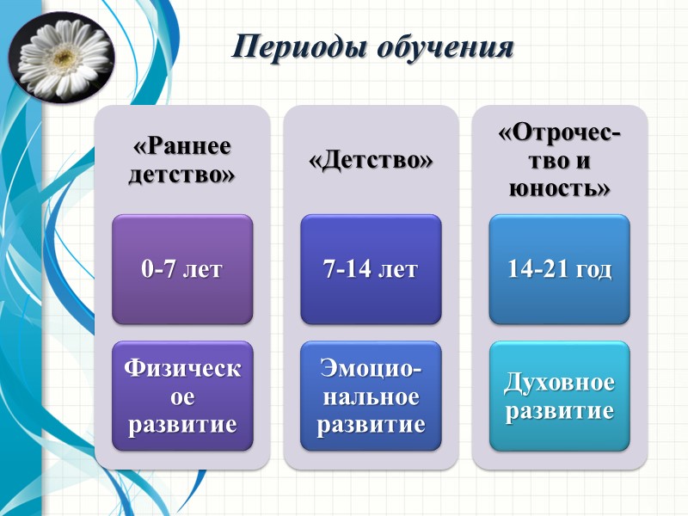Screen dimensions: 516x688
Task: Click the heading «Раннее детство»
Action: (181, 160)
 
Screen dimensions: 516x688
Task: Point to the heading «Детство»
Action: (370, 160)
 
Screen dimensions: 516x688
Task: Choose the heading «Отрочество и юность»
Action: (560, 160)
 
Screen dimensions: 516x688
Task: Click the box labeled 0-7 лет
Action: (181, 269)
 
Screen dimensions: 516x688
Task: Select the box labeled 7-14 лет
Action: (370, 269)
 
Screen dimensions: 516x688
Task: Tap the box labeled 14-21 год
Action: (560, 269)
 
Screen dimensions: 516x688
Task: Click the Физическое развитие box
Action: (181, 396)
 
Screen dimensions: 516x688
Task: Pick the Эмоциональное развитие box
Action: (370, 396)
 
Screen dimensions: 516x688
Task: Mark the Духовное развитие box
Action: (560, 396)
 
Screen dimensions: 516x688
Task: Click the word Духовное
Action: (560, 382)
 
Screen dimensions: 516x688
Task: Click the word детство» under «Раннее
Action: (181, 175)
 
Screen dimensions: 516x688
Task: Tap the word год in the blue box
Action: (593, 269)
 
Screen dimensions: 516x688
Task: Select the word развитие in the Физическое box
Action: (181, 425)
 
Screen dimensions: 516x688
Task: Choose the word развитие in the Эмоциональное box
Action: (370, 425)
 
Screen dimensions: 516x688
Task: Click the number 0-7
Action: (158, 269)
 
